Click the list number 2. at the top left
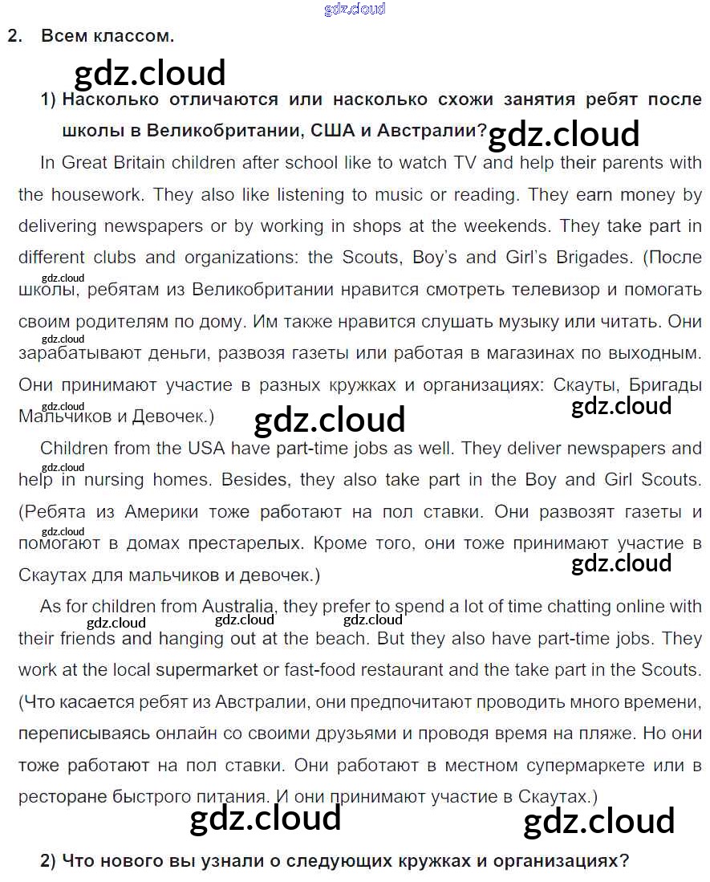click(14, 36)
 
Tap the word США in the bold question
click(332, 130)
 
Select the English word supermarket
click(207, 670)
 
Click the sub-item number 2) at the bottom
click(48, 861)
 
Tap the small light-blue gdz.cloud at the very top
click(355, 9)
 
